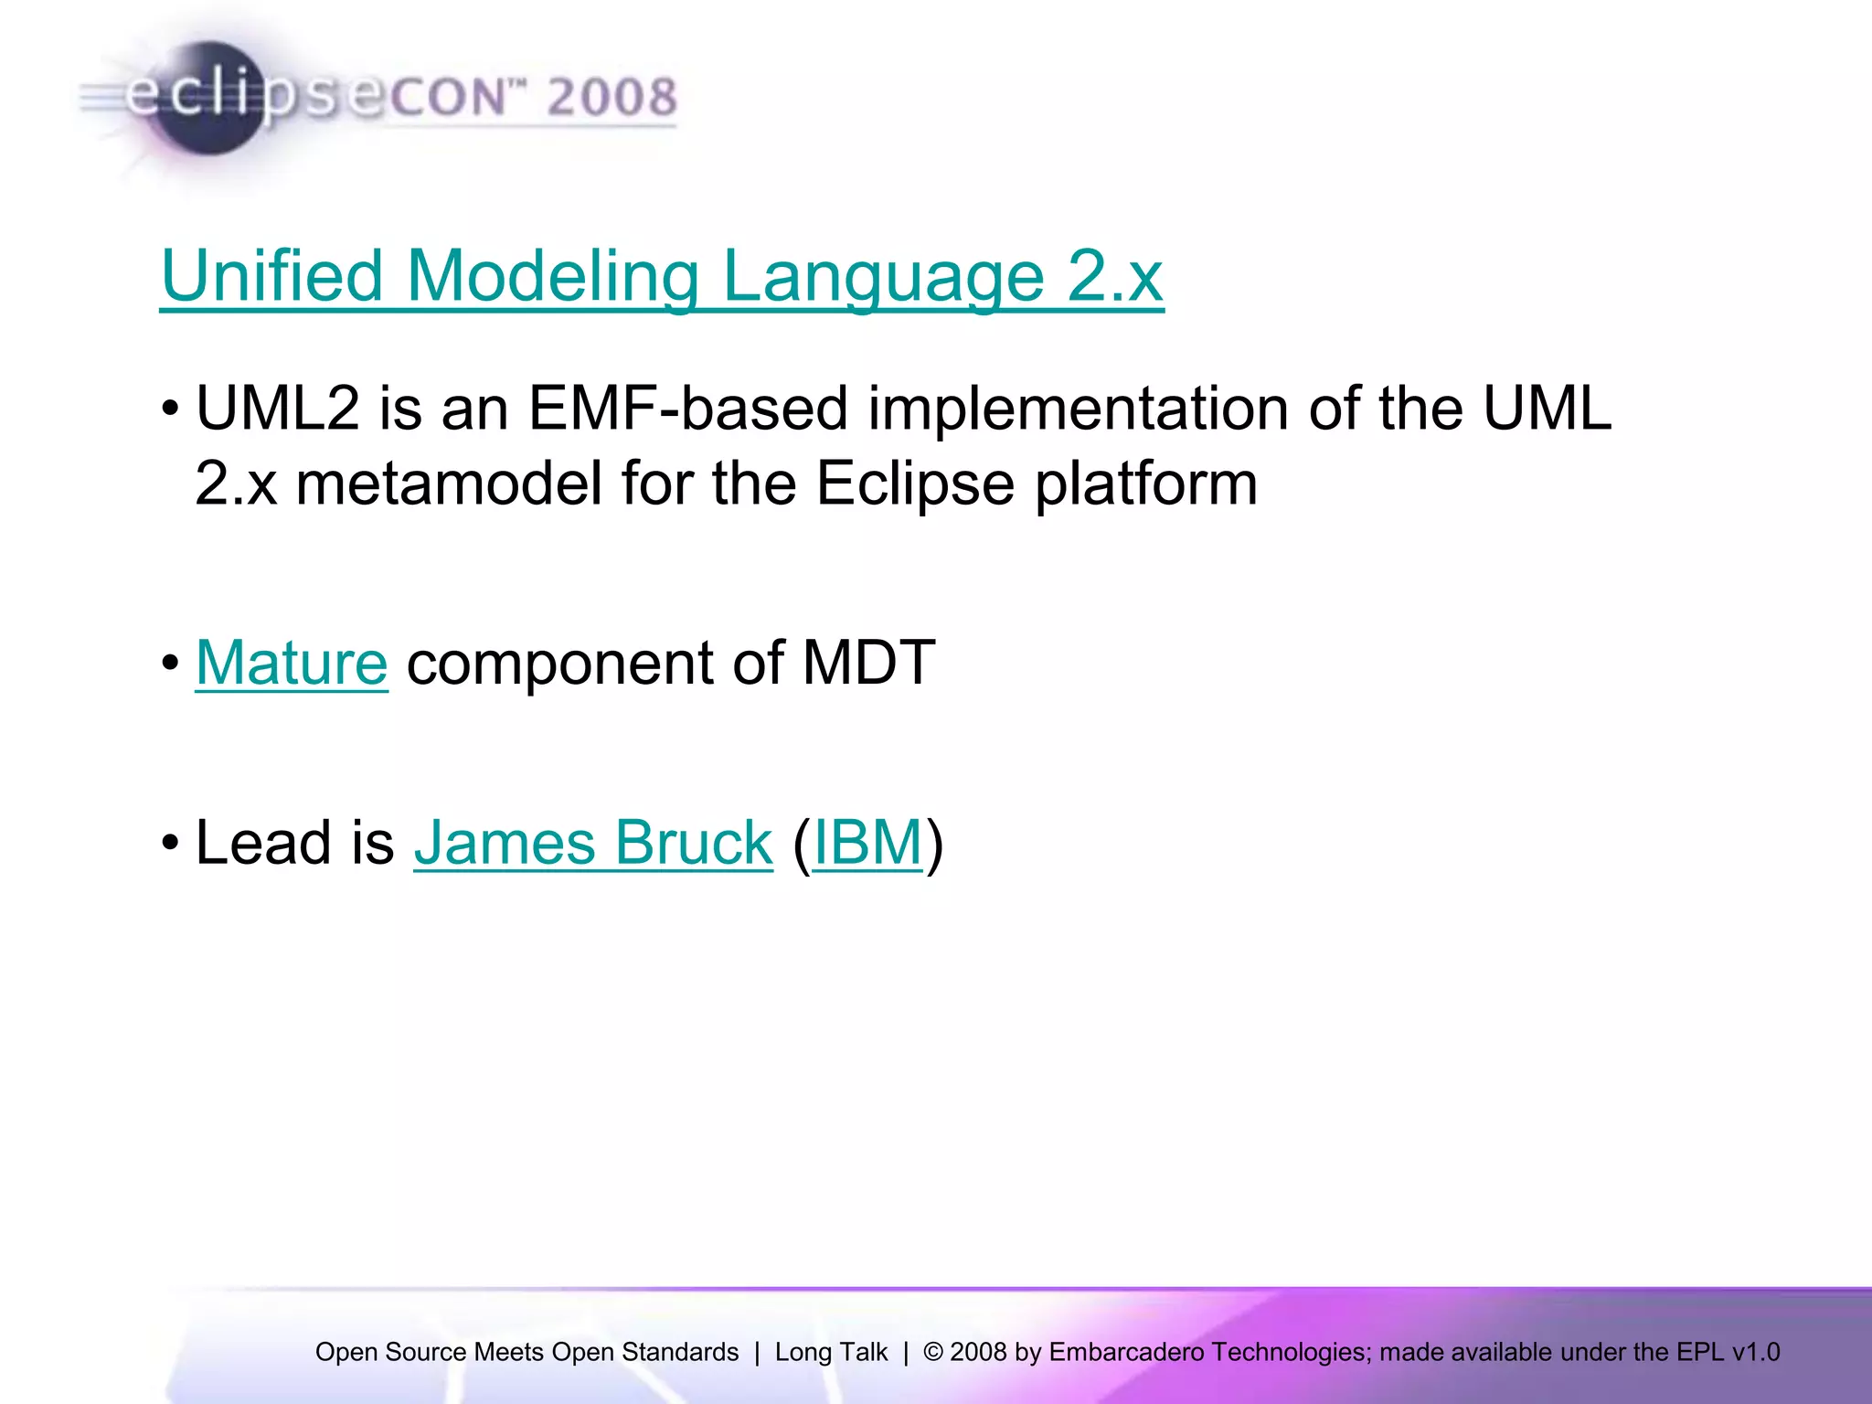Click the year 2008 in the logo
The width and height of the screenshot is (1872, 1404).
(x=611, y=98)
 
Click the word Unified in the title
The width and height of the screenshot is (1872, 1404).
(x=271, y=276)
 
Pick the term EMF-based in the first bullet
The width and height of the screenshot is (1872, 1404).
(x=687, y=408)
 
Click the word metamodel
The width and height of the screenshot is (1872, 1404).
(x=449, y=484)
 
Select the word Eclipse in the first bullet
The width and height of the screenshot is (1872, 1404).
(x=914, y=484)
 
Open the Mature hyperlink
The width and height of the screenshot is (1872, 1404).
(x=292, y=663)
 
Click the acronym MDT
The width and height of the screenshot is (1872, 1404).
(x=867, y=663)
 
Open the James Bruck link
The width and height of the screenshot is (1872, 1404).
(x=593, y=843)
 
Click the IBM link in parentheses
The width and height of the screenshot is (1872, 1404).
(x=867, y=843)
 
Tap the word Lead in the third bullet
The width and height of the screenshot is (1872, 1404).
(x=263, y=843)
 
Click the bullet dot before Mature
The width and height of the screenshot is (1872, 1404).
(x=170, y=663)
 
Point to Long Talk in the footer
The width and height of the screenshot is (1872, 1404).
(x=831, y=1352)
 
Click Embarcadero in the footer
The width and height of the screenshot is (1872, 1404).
(x=1126, y=1352)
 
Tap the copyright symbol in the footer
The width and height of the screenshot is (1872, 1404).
(x=933, y=1352)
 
